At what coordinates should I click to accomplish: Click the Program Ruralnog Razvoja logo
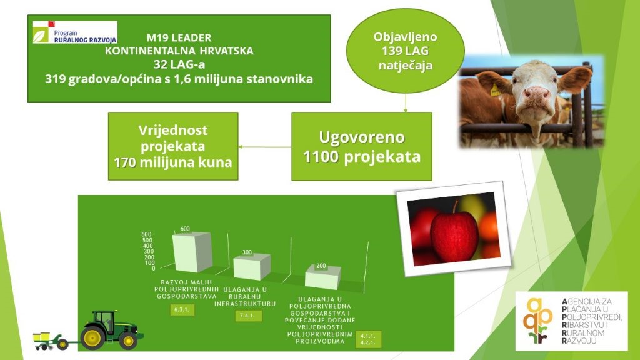point(75,32)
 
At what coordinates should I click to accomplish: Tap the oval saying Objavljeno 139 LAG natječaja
point(405,51)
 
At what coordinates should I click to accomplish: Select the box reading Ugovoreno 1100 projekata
point(362,146)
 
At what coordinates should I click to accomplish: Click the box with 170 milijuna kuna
point(173,146)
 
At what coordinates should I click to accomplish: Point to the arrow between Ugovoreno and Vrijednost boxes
point(265,146)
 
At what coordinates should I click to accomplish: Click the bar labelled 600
point(192,252)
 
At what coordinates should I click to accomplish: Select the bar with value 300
point(251,267)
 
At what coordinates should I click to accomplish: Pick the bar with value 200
point(322,277)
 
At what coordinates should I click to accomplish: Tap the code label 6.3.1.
point(182,310)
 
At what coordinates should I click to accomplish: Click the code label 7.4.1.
point(248,316)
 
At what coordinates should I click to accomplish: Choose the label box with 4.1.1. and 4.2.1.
point(368,339)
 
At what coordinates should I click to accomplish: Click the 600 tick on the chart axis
point(146,234)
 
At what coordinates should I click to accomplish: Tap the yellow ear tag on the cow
point(495,90)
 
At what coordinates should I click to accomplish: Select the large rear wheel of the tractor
point(92,337)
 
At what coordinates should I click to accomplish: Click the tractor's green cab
point(104,321)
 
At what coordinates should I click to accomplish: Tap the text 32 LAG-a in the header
point(179,64)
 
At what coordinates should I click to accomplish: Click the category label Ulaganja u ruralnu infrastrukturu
point(245,296)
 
